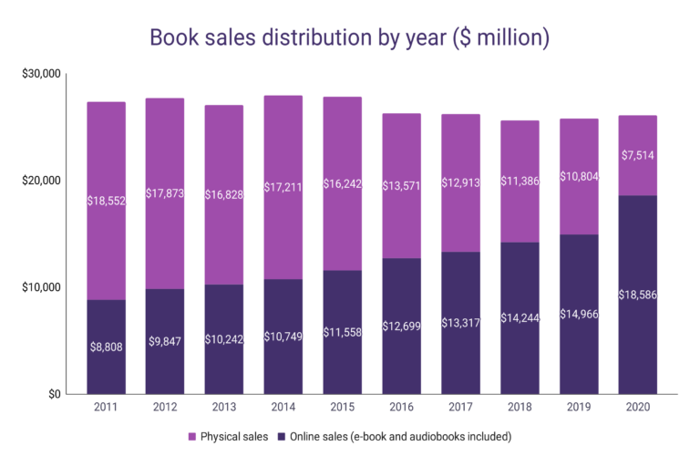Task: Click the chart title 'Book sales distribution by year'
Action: [350, 37]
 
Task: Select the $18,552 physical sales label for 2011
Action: [107, 201]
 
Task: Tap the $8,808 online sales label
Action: [107, 348]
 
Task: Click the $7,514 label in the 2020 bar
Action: [638, 155]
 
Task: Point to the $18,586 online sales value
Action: [638, 296]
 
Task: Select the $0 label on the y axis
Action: [52, 394]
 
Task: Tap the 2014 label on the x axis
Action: [283, 408]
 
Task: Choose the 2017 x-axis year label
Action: [461, 408]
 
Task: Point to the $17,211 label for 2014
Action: [283, 187]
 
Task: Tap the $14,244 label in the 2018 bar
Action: [520, 318]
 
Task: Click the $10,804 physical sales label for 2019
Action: [579, 176]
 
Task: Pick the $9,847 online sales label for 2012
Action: [166, 342]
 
